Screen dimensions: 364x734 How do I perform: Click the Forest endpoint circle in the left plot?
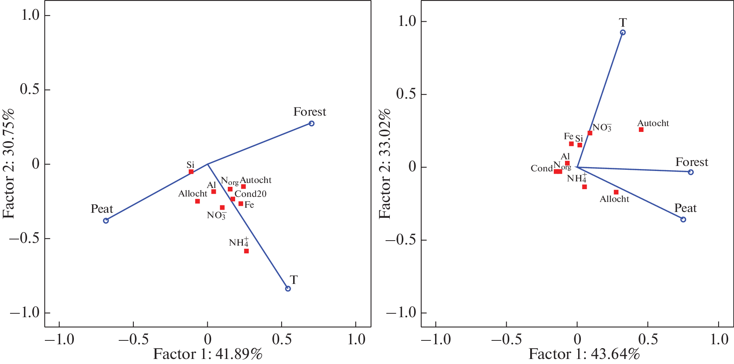pyautogui.click(x=311, y=123)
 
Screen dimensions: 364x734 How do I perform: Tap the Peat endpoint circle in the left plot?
pyautogui.click(x=106, y=220)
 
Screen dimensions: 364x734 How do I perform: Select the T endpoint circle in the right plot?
pyautogui.click(x=623, y=32)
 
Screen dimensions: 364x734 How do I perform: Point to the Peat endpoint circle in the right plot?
pyautogui.click(x=683, y=219)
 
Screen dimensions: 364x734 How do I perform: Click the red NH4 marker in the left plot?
pyautogui.click(x=246, y=251)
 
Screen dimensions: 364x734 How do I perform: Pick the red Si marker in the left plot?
pyautogui.click(x=191, y=172)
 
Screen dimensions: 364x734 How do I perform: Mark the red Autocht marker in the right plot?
pyautogui.click(x=641, y=130)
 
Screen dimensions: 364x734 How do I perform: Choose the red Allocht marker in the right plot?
pyautogui.click(x=616, y=192)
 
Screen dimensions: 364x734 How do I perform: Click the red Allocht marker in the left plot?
pyautogui.click(x=198, y=201)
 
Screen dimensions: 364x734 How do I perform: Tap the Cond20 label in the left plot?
pyautogui.click(x=251, y=194)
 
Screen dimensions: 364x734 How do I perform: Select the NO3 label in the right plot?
pyautogui.click(x=602, y=127)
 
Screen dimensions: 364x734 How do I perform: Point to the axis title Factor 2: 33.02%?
pyautogui.click(x=385, y=164)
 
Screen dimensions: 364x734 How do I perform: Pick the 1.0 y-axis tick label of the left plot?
pyautogui.click(x=30, y=15)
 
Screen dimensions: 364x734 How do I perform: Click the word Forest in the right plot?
pyautogui.click(x=691, y=162)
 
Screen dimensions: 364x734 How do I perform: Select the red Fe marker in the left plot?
pyautogui.click(x=241, y=204)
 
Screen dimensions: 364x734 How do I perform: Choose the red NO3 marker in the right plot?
pyautogui.click(x=590, y=133)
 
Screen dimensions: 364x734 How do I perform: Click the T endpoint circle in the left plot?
pyautogui.click(x=288, y=289)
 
